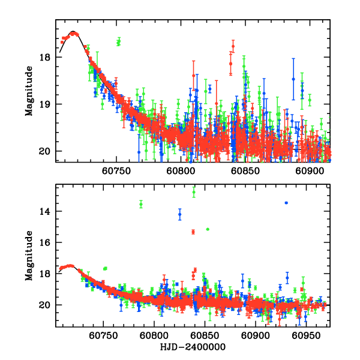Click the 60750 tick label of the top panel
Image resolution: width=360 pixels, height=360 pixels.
pyautogui.click(x=115, y=171)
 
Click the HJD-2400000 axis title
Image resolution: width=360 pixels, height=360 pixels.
pyautogui.click(x=193, y=347)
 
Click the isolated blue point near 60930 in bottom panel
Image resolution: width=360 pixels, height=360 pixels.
pyautogui.click(x=286, y=203)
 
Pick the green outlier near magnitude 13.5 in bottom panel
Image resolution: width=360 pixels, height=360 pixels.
pyautogui.click(x=141, y=204)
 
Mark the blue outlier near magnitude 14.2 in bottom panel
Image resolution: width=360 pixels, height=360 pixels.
pyautogui.click(x=179, y=214)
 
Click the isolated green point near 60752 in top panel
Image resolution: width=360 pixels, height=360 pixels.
pyautogui.click(x=119, y=41)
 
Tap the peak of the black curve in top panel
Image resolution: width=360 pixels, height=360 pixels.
pyautogui.click(x=73, y=32)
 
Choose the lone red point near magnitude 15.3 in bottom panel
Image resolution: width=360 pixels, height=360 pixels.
pyautogui.click(x=193, y=232)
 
